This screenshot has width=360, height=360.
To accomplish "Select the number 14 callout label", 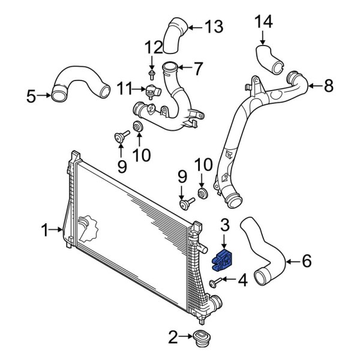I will coord(263,22).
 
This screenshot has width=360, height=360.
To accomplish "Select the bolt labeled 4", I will coord(214,281).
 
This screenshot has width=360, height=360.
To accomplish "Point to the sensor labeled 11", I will coord(152,91).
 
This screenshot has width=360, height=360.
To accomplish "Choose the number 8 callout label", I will coord(328,86).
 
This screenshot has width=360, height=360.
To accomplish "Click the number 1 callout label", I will coord(44,229).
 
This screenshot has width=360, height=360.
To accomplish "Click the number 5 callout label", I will coord(32,94).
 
